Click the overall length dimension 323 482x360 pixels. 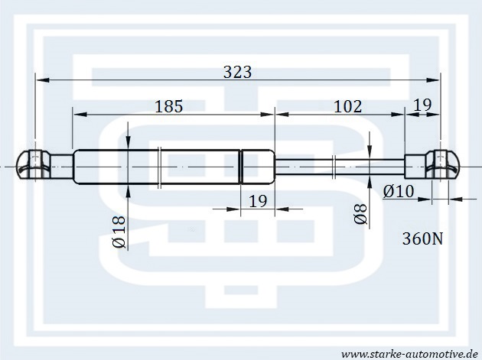[237, 72]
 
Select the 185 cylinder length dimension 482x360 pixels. [169, 106]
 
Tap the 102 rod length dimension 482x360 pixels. [348, 106]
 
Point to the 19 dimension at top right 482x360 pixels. [422, 105]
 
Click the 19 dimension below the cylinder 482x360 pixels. [258, 201]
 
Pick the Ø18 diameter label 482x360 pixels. [119, 232]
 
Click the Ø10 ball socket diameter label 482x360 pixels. [399, 192]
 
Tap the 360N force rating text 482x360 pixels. [422, 238]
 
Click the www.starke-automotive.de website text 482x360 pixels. [409, 354]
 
